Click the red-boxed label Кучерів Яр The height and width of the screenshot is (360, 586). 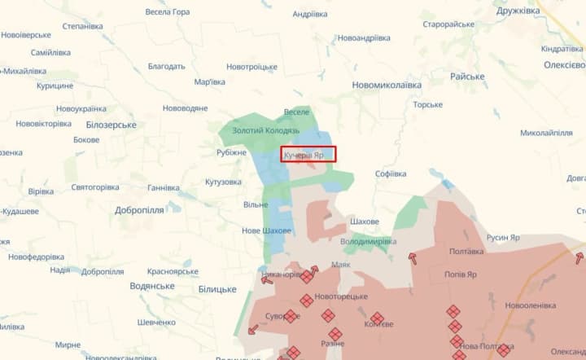point(308,154)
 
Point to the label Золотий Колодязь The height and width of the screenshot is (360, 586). point(266,130)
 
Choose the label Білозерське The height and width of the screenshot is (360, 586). point(111,125)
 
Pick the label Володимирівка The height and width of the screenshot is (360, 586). point(368,242)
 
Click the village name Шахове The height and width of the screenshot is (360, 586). point(364,222)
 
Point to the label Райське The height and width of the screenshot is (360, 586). point(468,77)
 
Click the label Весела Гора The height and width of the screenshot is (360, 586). point(167,12)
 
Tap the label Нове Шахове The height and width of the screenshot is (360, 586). point(266,231)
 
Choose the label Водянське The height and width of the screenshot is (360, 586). point(152,286)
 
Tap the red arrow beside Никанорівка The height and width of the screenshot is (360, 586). point(267,279)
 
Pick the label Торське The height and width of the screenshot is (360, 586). point(427,104)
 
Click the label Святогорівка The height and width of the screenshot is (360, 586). point(95,187)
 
